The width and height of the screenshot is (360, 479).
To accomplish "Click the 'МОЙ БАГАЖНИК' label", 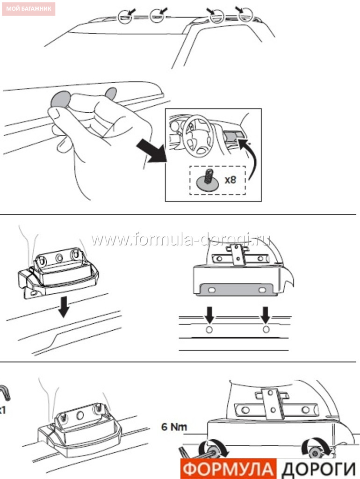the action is [x=29, y=8].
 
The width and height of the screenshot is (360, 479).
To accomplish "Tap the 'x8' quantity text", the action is [x=230, y=180].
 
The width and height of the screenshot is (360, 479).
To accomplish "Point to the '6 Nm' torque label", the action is [x=174, y=427].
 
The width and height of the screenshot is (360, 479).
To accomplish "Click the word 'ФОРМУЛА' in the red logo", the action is [x=228, y=469].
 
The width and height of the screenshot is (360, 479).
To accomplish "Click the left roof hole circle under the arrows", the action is [x=209, y=330].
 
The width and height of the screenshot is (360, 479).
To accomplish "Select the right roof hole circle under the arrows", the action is [x=266, y=329].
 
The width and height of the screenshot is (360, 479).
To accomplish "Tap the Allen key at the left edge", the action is [x=6, y=392].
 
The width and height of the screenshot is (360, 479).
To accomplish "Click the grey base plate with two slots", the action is [x=237, y=289].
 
